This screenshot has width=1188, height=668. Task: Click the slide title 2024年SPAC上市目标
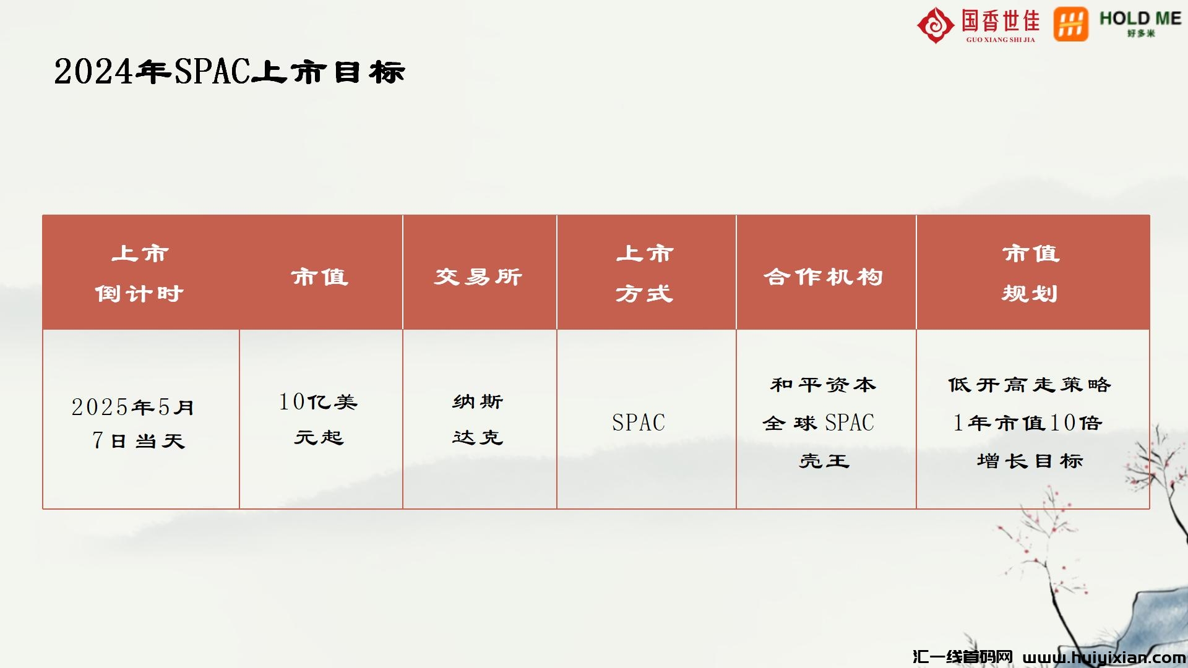(x=230, y=71)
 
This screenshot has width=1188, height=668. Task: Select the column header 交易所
(x=478, y=276)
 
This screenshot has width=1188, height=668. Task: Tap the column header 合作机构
(x=824, y=276)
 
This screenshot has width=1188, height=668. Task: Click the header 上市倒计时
(x=140, y=273)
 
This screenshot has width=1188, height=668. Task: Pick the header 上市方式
(x=644, y=273)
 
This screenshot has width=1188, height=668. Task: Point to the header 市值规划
(x=1030, y=273)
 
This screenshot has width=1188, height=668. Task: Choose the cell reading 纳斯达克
(x=478, y=419)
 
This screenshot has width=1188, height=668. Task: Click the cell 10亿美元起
(x=319, y=419)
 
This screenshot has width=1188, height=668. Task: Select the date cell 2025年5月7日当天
(x=134, y=424)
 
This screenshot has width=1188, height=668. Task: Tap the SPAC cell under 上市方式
(x=639, y=422)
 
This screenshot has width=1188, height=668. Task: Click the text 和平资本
(x=824, y=385)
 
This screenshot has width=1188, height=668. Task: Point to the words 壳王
(x=824, y=461)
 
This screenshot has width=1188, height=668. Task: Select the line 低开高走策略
(x=1030, y=385)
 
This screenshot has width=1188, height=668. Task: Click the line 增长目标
(x=1030, y=461)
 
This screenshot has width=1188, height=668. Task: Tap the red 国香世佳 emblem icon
(x=936, y=25)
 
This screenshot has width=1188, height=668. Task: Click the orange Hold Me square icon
(x=1071, y=24)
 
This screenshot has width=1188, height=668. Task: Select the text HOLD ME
(x=1140, y=19)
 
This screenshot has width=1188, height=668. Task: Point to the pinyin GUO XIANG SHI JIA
(x=1001, y=40)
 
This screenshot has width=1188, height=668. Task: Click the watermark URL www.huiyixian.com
(x=1104, y=657)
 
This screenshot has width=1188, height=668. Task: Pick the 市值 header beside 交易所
(x=320, y=276)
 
